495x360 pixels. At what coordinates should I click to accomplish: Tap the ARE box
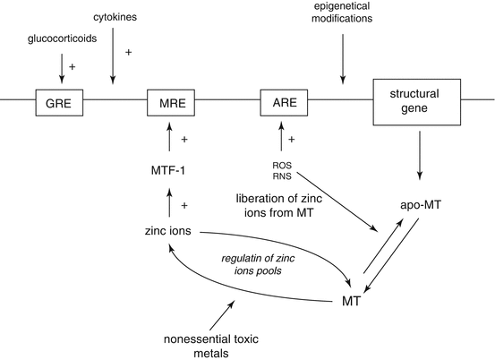[x=283, y=102]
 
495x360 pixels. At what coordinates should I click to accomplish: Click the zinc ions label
[x=168, y=230]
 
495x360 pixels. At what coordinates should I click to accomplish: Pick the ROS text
[x=282, y=164]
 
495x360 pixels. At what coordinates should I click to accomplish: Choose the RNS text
[x=282, y=176]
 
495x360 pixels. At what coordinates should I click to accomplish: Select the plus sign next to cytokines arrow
[x=128, y=53]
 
